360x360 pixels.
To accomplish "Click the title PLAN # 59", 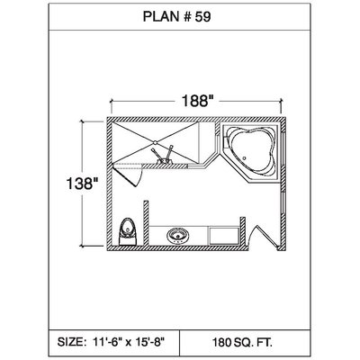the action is [176, 17].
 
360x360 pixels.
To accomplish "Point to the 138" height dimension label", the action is [83, 184].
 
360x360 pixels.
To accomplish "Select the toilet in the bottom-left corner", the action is [127, 231].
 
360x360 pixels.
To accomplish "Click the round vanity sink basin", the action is [177, 235].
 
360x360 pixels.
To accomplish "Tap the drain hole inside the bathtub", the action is [245, 158].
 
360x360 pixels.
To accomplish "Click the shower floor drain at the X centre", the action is [155, 142].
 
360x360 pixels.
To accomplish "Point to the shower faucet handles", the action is [163, 155].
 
